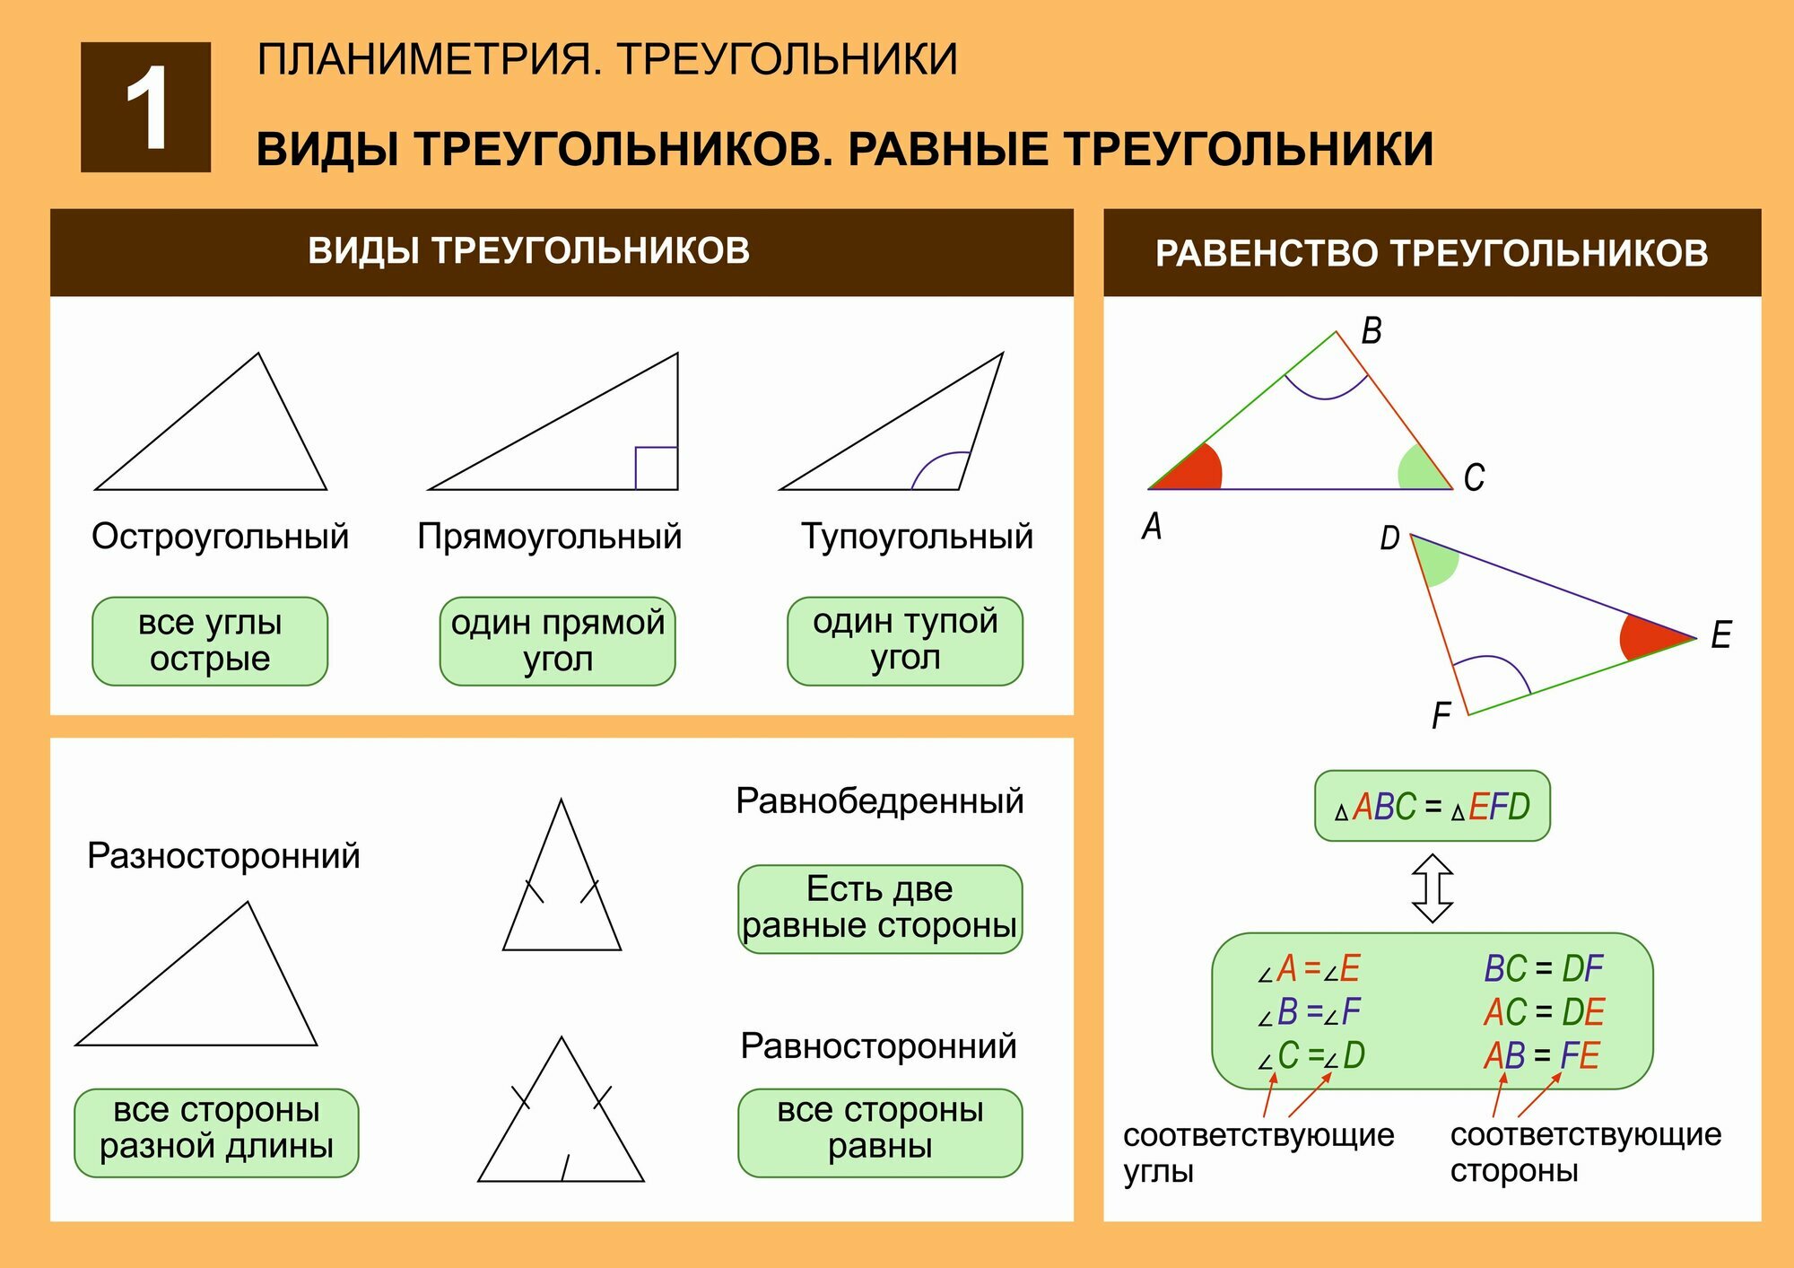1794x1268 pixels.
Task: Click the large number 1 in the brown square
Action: [x=146, y=108]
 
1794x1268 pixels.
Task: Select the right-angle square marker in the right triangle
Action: [x=656, y=468]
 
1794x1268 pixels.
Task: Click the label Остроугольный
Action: [x=220, y=537]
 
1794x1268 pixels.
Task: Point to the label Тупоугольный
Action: [x=917, y=537]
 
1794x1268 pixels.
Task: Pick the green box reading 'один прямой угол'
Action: [x=557, y=641]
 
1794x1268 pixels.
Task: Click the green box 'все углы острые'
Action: [x=210, y=641]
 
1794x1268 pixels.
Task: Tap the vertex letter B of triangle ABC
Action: [x=1371, y=331]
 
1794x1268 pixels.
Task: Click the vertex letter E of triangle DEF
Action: [x=1720, y=634]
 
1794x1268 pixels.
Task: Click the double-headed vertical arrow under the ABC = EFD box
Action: [x=1433, y=888]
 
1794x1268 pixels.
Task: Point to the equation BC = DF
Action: [x=1543, y=969]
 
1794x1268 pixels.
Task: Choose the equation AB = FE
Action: [x=1541, y=1055]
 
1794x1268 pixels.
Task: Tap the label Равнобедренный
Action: [x=879, y=801]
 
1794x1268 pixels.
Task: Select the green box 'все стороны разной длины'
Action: [x=216, y=1132]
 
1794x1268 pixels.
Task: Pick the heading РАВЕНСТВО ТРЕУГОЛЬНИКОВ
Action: [x=1432, y=253]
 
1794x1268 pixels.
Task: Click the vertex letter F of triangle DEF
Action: [x=1441, y=716]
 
